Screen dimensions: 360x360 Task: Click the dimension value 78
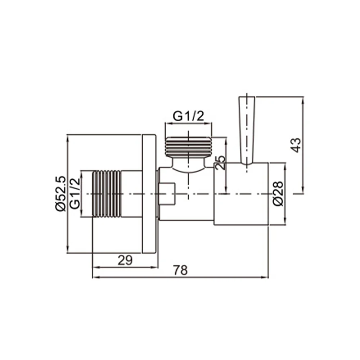pos(180,270)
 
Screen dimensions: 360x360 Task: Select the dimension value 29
pos(125,260)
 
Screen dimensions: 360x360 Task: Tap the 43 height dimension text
pos(296,145)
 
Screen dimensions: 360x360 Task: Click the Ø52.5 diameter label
pos(60,194)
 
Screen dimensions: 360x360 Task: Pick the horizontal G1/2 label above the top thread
pos(189,116)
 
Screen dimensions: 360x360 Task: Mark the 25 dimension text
pos(220,163)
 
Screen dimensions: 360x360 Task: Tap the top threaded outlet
pos(188,147)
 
